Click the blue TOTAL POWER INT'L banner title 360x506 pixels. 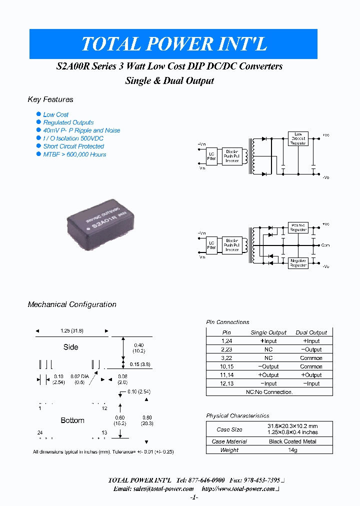point(173,44)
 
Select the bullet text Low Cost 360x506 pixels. point(55,114)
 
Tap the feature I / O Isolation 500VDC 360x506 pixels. point(73,138)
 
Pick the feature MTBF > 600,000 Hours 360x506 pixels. point(74,154)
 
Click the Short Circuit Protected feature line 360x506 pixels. point(73,146)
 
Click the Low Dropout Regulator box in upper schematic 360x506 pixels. point(298,138)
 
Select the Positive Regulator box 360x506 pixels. point(298,227)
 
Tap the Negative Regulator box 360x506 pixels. point(298,262)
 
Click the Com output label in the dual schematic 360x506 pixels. point(325,245)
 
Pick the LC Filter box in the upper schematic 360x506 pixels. point(211,157)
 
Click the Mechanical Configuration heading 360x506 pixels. point(72,304)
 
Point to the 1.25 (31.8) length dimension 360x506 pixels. point(71,331)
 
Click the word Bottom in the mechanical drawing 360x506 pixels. point(72,420)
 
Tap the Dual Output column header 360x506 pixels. point(311,332)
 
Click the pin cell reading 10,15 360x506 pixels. point(226,366)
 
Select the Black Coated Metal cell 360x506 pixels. point(292,441)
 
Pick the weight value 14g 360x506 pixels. point(292,450)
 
